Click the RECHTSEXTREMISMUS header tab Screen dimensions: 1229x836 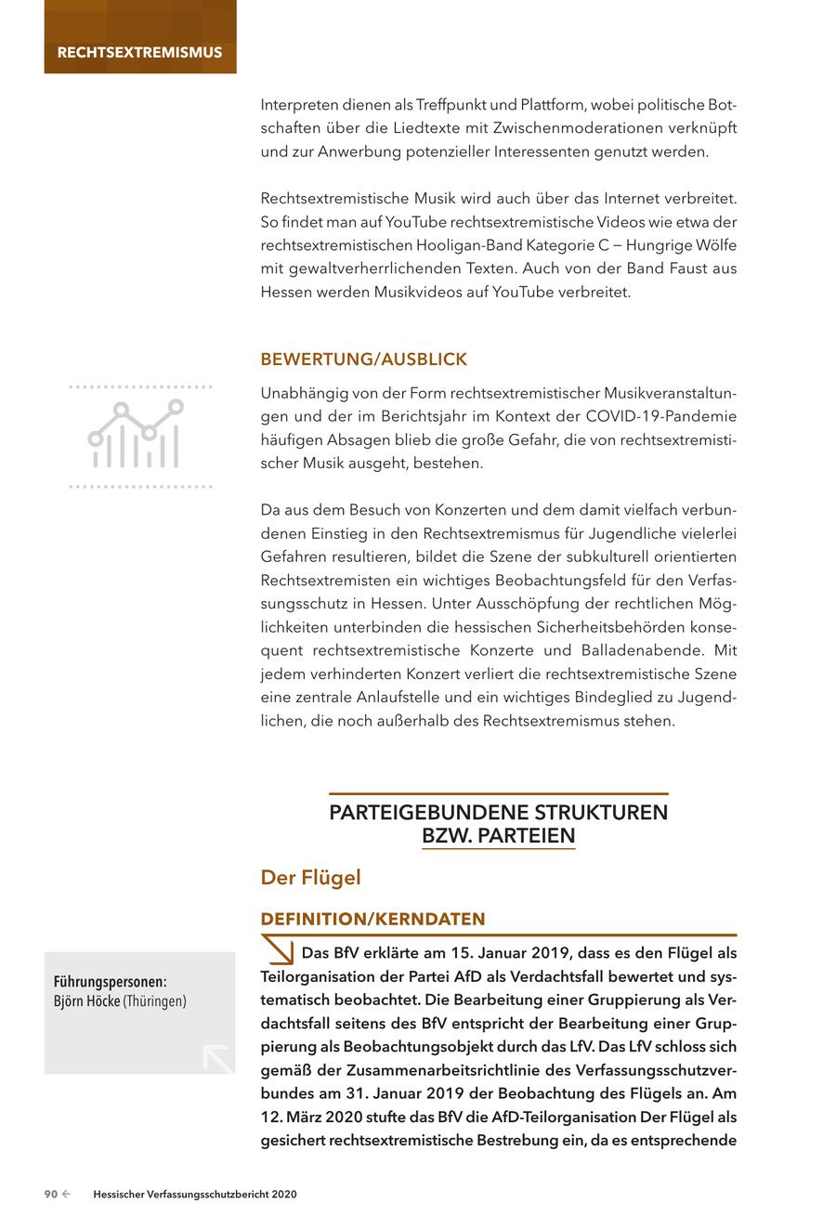pyautogui.click(x=139, y=52)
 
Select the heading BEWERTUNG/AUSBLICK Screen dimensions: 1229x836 pyautogui.click(x=363, y=360)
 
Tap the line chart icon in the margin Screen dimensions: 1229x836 pyautogui.click(x=137, y=435)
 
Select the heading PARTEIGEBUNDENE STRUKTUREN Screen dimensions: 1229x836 pyautogui.click(x=498, y=813)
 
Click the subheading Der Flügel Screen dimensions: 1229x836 pyautogui.click(x=310, y=877)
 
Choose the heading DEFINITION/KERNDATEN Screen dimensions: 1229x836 pyautogui.click(x=372, y=919)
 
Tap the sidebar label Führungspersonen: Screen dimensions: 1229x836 pyautogui.click(x=110, y=981)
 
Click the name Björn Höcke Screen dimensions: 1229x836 pyautogui.click(x=87, y=1001)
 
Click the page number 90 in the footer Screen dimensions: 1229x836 pyautogui.click(x=52, y=1195)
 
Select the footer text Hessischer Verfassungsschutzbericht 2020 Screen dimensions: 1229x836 pyautogui.click(x=195, y=1195)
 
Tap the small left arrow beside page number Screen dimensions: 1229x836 pyautogui.click(x=67, y=1195)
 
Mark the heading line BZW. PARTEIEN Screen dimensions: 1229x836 pyautogui.click(x=498, y=836)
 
